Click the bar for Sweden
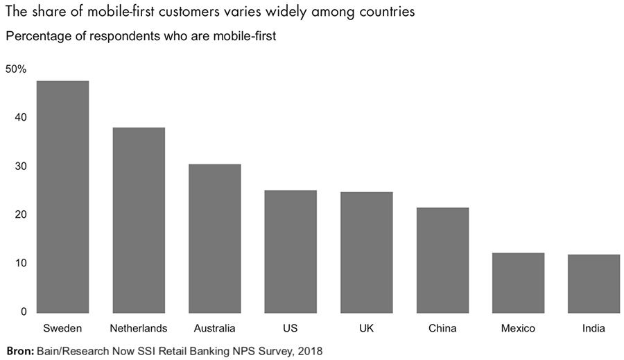(x=62, y=196)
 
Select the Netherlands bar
(x=139, y=220)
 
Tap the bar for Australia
(x=215, y=238)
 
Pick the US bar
(x=291, y=251)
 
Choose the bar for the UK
(x=367, y=252)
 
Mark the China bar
(x=442, y=259)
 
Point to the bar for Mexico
(x=518, y=282)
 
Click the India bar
(x=594, y=283)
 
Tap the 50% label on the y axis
(x=16, y=69)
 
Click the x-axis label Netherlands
(x=139, y=328)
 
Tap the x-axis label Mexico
(x=518, y=328)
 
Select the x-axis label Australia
(x=215, y=328)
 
